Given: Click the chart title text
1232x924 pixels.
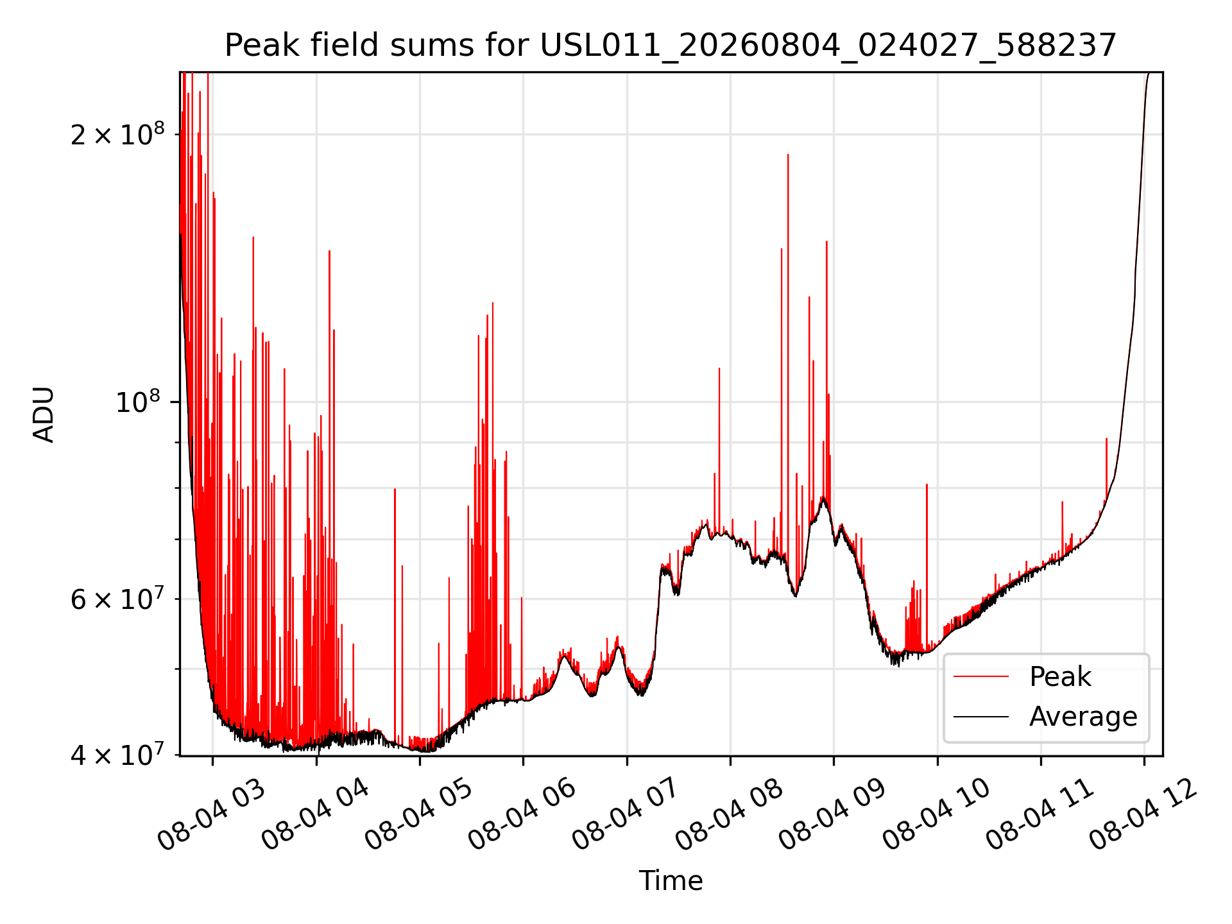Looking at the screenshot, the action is click(671, 46).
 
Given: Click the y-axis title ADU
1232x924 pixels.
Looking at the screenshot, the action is click(44, 414).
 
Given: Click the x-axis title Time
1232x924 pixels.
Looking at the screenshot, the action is click(671, 880).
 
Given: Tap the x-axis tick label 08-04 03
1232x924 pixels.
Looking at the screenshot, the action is click(211, 816).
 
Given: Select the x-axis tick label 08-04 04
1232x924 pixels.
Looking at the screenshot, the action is click(316, 816).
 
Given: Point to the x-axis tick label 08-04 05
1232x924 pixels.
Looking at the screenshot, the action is click(419, 816).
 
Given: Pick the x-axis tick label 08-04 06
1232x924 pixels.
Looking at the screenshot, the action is click(522, 816).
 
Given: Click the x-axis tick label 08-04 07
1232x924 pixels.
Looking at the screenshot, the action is click(626, 816).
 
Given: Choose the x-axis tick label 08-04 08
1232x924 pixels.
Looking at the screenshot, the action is click(730, 816).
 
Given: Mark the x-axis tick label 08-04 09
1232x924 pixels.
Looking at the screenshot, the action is click(833, 816).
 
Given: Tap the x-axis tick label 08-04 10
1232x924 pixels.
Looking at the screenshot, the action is click(937, 816).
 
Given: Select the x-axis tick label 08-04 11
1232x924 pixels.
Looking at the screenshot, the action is click(1040, 816).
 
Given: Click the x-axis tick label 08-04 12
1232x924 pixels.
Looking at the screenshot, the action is click(1144, 816).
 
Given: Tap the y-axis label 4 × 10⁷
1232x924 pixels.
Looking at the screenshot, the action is click(117, 755).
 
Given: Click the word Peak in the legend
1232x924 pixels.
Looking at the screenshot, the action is click(1060, 677).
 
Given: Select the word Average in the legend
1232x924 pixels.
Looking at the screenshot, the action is click(1083, 717).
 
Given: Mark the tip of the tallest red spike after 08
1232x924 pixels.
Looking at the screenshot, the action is click(788, 155).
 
